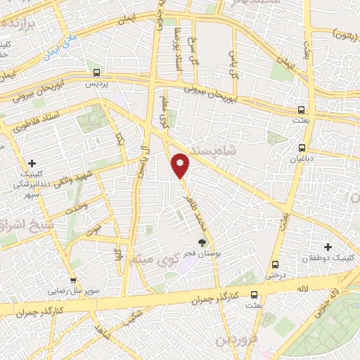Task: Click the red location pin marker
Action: pyautogui.click(x=181, y=166)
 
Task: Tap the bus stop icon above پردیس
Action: pyautogui.click(x=96, y=72)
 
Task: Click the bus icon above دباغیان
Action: pyautogui.click(x=302, y=148)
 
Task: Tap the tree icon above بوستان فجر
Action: pyautogui.click(x=202, y=243)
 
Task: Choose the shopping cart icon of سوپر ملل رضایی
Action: pyautogui.click(x=73, y=279)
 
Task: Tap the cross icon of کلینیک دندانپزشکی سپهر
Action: pyautogui.click(x=32, y=163)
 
